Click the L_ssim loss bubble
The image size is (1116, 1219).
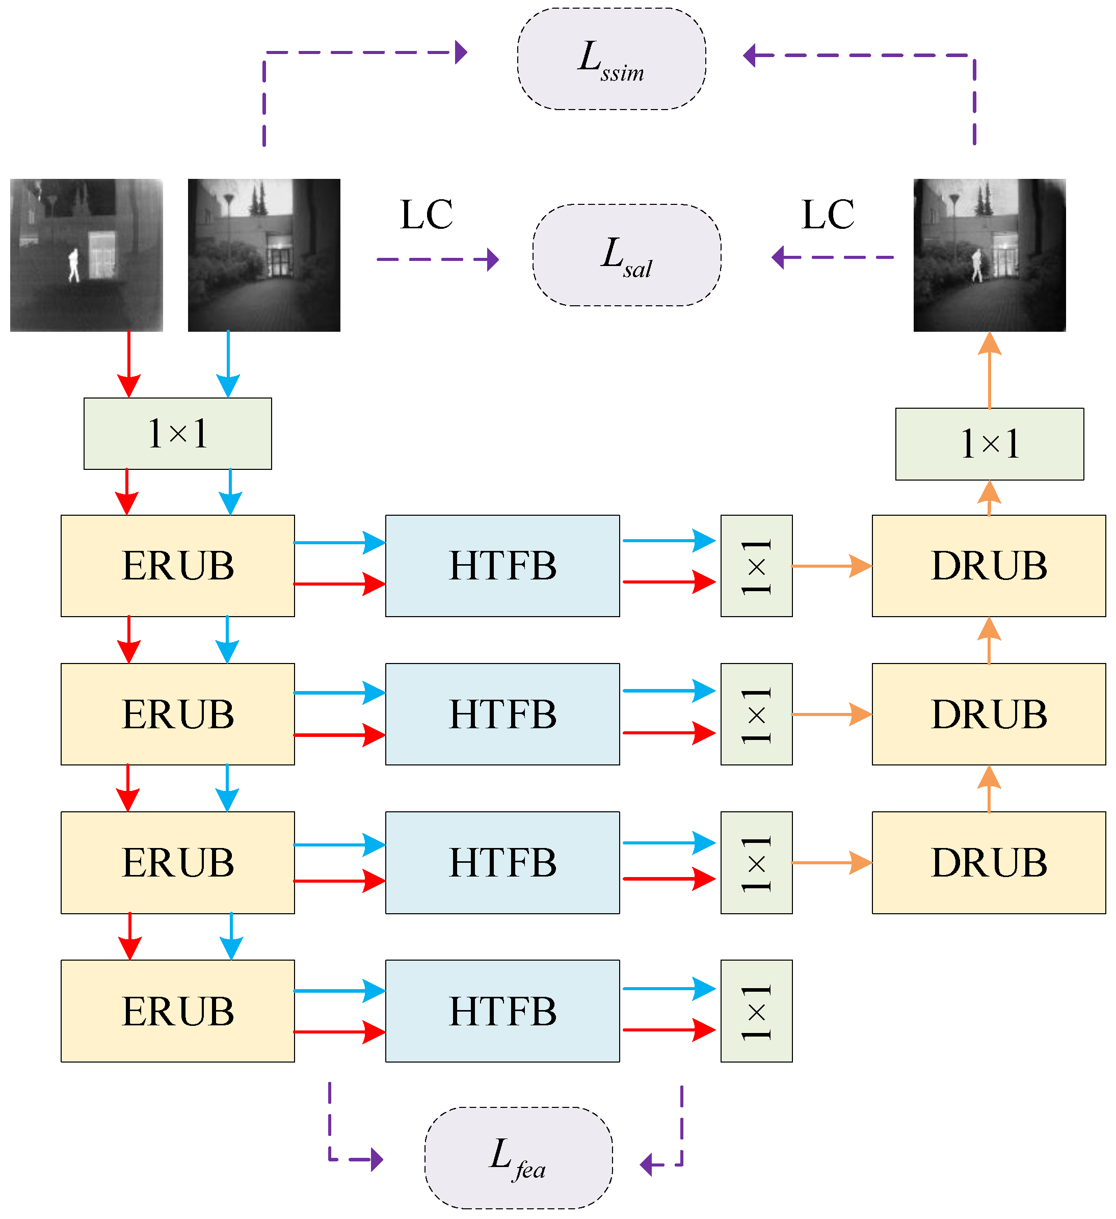(x=611, y=59)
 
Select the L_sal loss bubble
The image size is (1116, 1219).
(x=626, y=255)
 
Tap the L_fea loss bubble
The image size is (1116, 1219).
(x=518, y=1157)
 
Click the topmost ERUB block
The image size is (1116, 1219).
(x=178, y=566)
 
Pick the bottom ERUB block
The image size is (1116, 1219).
(x=178, y=1011)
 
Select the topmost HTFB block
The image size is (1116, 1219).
(x=502, y=566)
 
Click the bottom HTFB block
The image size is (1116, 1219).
(x=502, y=1011)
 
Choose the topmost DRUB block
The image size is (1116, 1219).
(x=989, y=566)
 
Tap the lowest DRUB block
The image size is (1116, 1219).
(x=989, y=863)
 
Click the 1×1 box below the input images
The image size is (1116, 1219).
(x=178, y=434)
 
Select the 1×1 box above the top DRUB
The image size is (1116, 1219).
(x=989, y=444)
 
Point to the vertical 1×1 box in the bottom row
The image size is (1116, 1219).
(x=756, y=1011)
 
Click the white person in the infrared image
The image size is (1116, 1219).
(x=74, y=265)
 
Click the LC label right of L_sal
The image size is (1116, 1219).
(x=828, y=215)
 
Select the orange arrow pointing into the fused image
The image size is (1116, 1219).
(x=989, y=369)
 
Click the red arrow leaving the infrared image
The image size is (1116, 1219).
(x=129, y=363)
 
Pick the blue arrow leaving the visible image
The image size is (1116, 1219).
(x=228, y=363)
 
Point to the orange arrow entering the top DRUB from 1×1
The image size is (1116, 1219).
(x=831, y=566)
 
